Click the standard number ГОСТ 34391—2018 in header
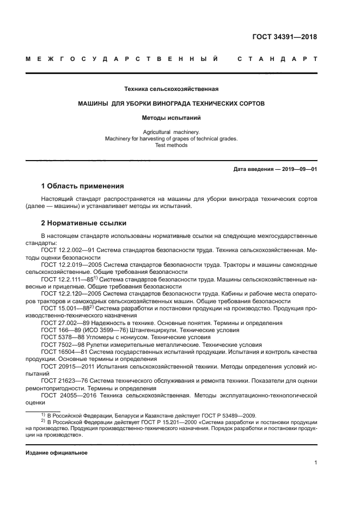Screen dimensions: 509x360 pyautogui.click(x=284, y=37)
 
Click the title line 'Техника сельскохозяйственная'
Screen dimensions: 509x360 pyautogui.click(x=172, y=89)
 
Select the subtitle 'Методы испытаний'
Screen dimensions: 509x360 pyautogui.click(x=172, y=117)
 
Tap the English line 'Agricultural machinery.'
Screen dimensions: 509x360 pyautogui.click(x=172, y=132)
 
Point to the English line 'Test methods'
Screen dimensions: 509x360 pyautogui.click(x=172, y=145)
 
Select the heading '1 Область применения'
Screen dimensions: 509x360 pyautogui.click(x=83, y=186)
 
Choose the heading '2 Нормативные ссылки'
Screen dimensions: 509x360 pyautogui.click(x=83, y=223)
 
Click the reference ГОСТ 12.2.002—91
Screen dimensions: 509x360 pyautogui.click(x=68, y=250)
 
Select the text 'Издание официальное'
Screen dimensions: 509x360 pyautogui.click(x=57, y=453)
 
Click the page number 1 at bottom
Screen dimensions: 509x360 pyautogui.click(x=315, y=463)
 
